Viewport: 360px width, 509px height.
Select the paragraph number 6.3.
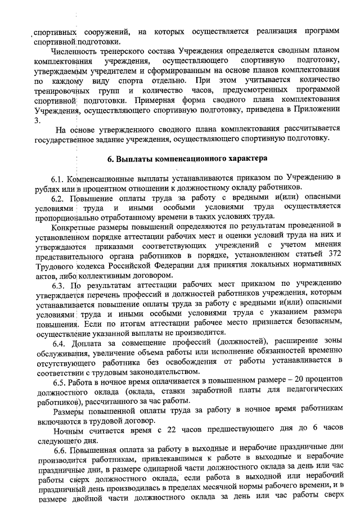[58, 283]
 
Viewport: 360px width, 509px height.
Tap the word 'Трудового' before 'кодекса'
[53, 265]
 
